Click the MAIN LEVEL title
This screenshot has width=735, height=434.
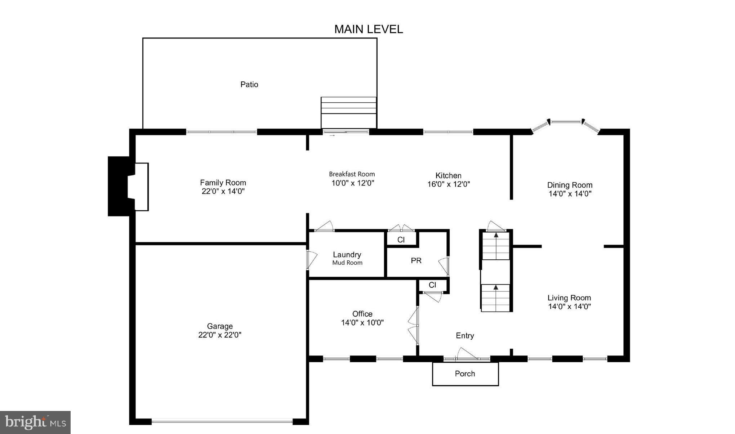[368, 29]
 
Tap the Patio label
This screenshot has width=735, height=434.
[249, 84]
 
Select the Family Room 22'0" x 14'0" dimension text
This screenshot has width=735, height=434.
[223, 191]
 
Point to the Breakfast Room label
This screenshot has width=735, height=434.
[352, 174]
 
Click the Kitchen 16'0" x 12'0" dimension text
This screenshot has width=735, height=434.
[449, 184]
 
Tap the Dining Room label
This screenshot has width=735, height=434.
[570, 185]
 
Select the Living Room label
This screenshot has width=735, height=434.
[569, 298]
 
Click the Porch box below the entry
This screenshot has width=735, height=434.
[465, 374]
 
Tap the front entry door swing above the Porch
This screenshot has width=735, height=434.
[467, 354]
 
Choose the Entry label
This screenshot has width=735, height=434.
[465, 336]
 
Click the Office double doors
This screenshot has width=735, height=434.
[414, 325]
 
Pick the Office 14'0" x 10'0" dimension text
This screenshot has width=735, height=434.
[362, 323]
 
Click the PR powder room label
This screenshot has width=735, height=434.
[416, 260]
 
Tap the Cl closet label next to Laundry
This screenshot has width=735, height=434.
[401, 240]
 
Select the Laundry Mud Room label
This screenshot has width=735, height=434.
[347, 258]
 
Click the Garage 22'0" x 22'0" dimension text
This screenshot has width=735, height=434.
[220, 335]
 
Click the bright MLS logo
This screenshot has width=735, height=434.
[35, 422]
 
